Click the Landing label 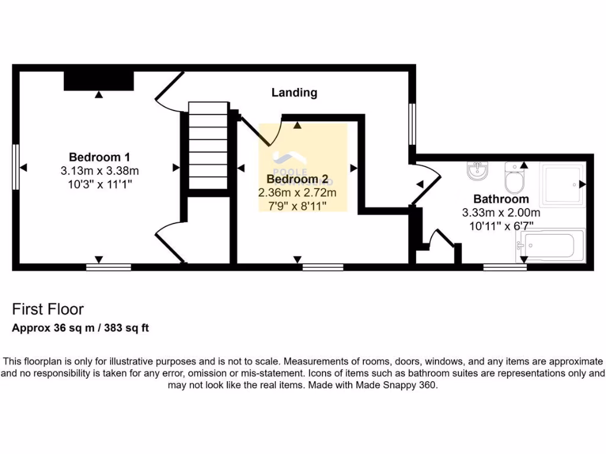pyautogui.click(x=294, y=93)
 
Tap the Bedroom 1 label pyautogui.click(x=99, y=157)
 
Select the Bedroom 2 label pyautogui.click(x=297, y=179)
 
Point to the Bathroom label pyautogui.click(x=501, y=199)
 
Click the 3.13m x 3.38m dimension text pyautogui.click(x=99, y=171)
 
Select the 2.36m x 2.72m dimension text pyautogui.click(x=297, y=193)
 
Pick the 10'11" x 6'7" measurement pyautogui.click(x=501, y=225)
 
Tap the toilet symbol pyautogui.click(x=513, y=178)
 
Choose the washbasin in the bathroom pyautogui.click(x=477, y=171)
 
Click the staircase pyautogui.click(x=208, y=145)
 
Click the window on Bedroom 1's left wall pyautogui.click(x=16, y=167)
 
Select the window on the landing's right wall pyautogui.click(x=412, y=124)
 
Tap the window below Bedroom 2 pyautogui.click(x=323, y=267)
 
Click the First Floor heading pyautogui.click(x=48, y=309)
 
